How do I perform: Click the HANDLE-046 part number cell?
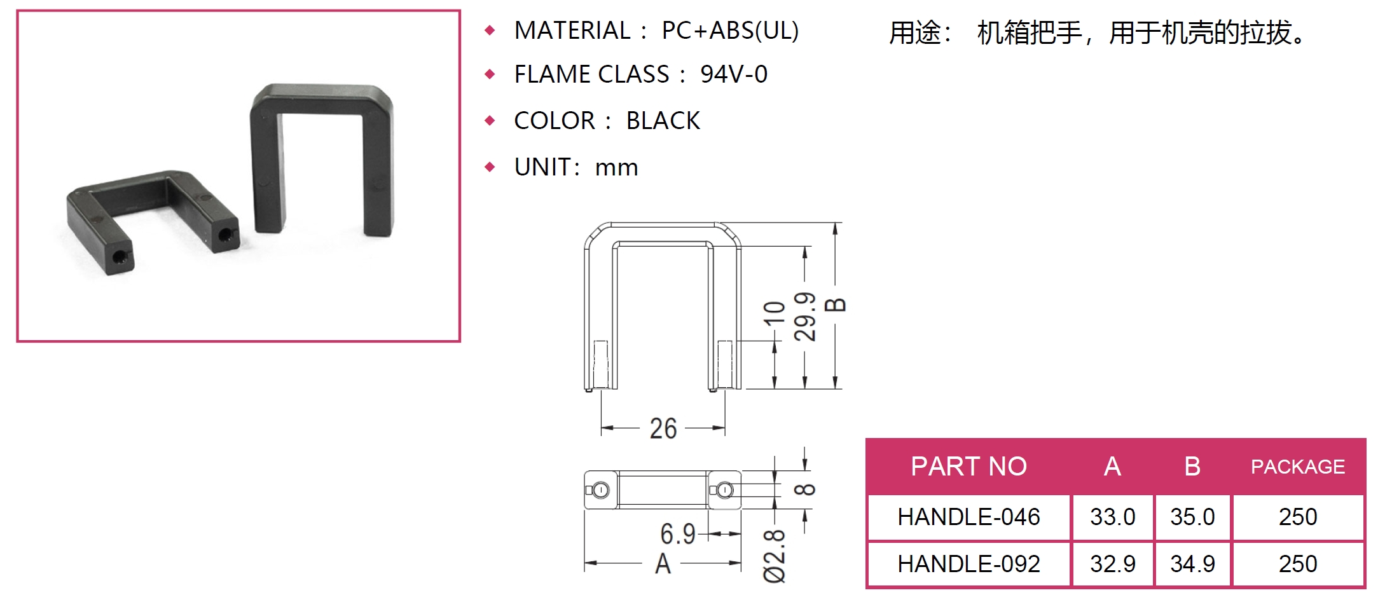(968, 517)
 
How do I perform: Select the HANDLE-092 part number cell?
(968, 564)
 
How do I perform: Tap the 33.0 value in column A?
(1112, 517)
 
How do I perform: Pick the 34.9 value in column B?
(1192, 564)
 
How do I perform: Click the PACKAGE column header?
(1298, 467)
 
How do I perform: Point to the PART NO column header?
(968, 467)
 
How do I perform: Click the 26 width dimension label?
(663, 428)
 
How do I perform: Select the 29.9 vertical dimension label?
(804, 317)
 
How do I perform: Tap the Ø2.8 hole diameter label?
(775, 556)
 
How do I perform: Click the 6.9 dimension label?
(678, 534)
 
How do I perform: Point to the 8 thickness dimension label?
(804, 489)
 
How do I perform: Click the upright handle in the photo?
(321, 160)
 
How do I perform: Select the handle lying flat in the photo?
(153, 221)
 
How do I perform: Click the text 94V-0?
(734, 74)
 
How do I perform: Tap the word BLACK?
(663, 121)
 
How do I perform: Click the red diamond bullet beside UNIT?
(490, 167)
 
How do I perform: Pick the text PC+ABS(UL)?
(730, 31)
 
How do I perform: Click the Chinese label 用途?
(915, 32)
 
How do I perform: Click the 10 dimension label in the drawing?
(774, 313)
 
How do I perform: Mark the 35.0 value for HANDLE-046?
(1192, 517)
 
